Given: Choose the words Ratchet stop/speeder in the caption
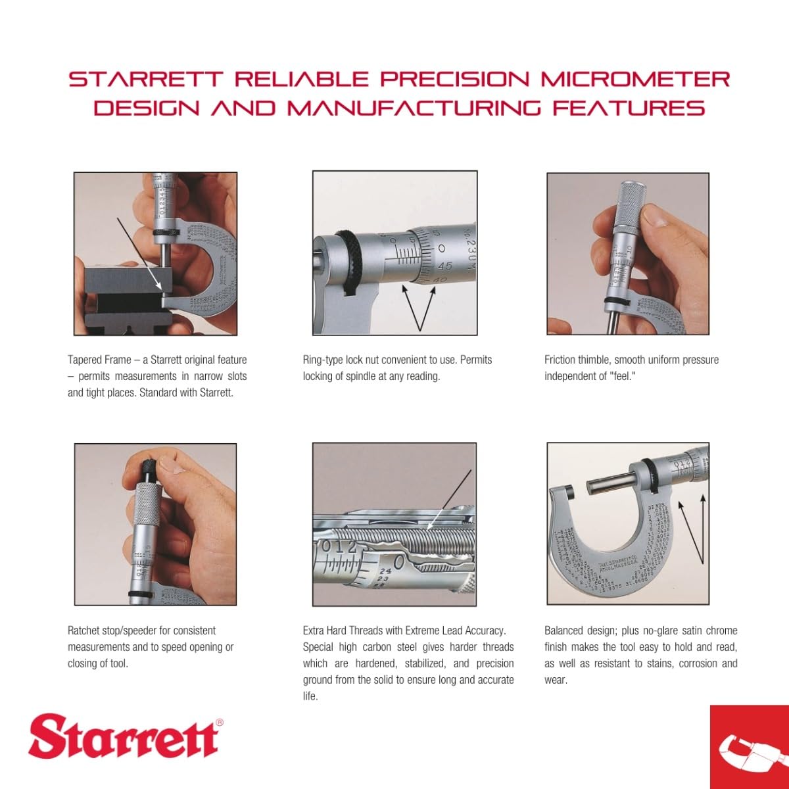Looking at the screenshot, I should click(112, 630).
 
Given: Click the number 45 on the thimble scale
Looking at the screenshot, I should click(444, 266).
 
